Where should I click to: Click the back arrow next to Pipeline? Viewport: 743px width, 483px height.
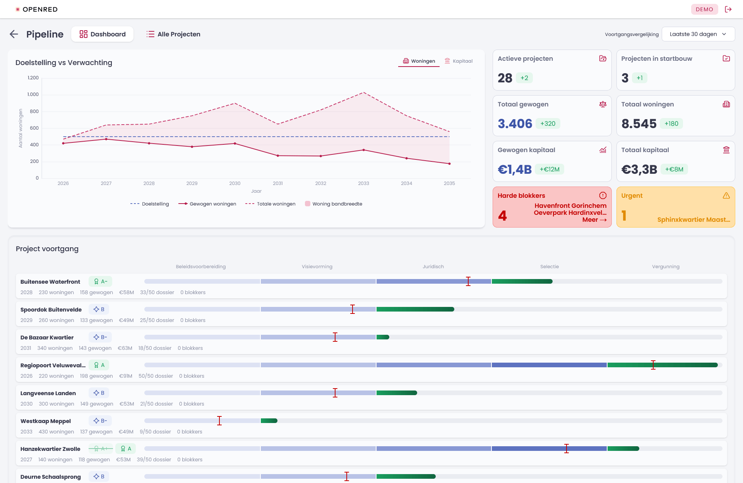[x=14, y=34]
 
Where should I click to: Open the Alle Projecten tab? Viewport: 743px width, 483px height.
[x=173, y=34]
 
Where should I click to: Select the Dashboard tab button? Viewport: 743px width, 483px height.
[x=103, y=34]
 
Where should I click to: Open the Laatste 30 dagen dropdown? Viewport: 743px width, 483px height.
[x=698, y=34]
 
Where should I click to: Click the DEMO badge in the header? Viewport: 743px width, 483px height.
[x=704, y=9]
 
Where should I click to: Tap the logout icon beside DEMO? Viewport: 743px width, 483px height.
[x=728, y=9]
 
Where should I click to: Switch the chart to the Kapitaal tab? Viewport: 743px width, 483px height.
[x=459, y=61]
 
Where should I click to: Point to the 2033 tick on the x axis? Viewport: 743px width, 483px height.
[x=363, y=183]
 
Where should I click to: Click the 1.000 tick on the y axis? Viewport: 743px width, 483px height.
[x=33, y=94]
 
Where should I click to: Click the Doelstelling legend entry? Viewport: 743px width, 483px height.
[x=150, y=204]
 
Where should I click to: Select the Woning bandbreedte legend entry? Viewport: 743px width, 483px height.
[x=334, y=204]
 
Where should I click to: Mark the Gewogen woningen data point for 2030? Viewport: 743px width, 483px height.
[x=235, y=144]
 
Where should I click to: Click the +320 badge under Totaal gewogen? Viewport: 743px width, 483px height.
[x=548, y=123]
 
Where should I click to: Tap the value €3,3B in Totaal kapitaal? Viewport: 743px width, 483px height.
[x=639, y=169]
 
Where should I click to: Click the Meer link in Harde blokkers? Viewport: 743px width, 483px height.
[x=594, y=220]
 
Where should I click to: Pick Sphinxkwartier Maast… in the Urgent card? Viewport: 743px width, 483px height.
[x=693, y=220]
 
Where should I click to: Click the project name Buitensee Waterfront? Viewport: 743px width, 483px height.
[x=50, y=282]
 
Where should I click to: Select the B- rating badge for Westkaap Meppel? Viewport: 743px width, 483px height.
[x=100, y=421]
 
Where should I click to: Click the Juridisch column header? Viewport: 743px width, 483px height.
[x=433, y=267]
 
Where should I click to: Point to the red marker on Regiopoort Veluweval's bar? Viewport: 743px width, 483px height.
[x=653, y=365]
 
